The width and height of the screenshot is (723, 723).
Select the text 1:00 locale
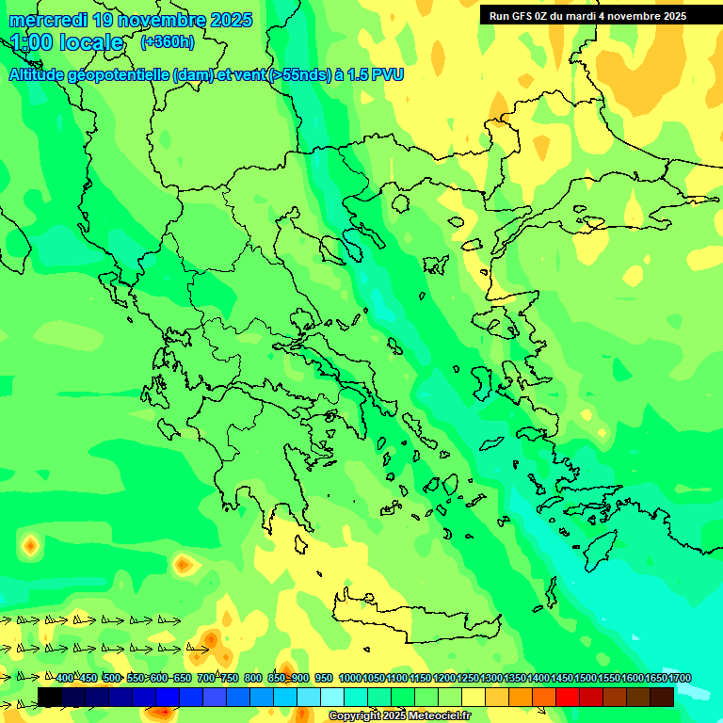click(x=67, y=42)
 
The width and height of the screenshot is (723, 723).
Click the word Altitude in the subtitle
click(x=39, y=74)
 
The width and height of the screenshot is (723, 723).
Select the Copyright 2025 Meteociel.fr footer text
click(x=398, y=716)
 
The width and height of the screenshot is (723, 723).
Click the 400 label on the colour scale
click(x=64, y=678)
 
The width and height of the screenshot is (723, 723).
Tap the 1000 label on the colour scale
click(x=349, y=678)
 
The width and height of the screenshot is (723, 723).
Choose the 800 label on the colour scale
click(x=253, y=678)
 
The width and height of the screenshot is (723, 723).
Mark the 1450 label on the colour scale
click(x=561, y=678)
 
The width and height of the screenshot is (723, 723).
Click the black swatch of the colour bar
click(x=50, y=697)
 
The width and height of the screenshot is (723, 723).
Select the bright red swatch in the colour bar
click(x=568, y=697)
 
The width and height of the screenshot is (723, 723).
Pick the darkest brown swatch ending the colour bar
click(x=662, y=697)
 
